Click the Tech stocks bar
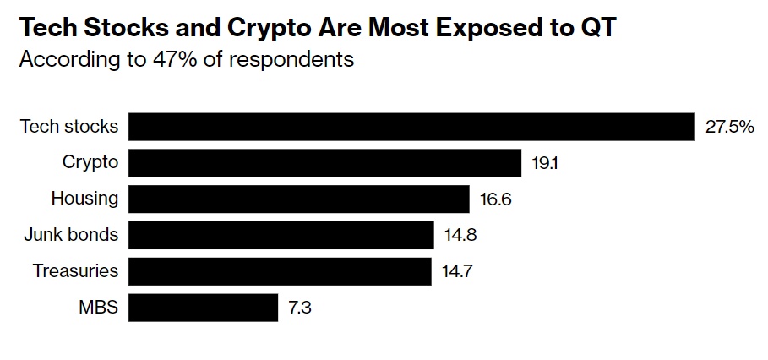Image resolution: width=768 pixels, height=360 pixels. coord(412,127)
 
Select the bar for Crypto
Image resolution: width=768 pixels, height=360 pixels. coord(325,163)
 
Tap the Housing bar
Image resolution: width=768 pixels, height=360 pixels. coord(299,199)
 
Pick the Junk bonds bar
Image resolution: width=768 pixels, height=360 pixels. coord(281,235)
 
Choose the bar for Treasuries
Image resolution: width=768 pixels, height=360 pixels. coord(281,271)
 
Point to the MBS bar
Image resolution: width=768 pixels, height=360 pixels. coord(204,308)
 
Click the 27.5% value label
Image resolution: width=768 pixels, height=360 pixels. coord(729,128)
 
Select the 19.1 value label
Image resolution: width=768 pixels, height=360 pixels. coord(545,164)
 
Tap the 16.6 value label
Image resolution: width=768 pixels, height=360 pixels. coord(496,200)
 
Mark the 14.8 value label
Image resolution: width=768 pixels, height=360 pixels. coord(460,236)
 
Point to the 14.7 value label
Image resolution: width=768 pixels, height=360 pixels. coord(459,272)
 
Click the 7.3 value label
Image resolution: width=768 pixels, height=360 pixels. coord(300,308)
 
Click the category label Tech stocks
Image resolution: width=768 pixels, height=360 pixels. coord(69,128)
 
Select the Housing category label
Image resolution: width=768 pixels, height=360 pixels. coord(84,199)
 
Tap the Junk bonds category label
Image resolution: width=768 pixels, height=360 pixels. coord(71,236)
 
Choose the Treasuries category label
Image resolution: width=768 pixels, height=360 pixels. coord(75,272)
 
